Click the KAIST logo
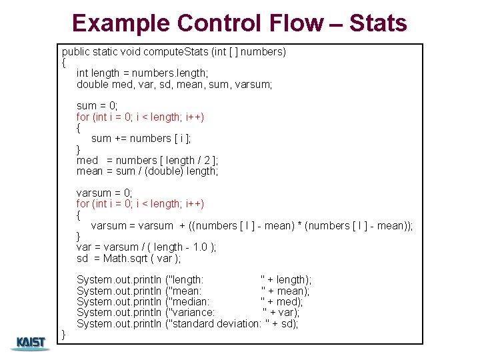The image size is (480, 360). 31,343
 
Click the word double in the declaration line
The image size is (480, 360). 92,84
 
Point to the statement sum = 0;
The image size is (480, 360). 97,106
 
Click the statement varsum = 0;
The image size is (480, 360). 105,193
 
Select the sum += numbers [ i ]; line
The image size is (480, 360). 141,139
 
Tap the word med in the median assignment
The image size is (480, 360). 87,160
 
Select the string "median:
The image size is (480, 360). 191,301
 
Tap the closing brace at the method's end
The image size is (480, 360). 64,333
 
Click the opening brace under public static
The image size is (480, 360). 64,63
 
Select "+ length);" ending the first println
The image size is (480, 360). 285,280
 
